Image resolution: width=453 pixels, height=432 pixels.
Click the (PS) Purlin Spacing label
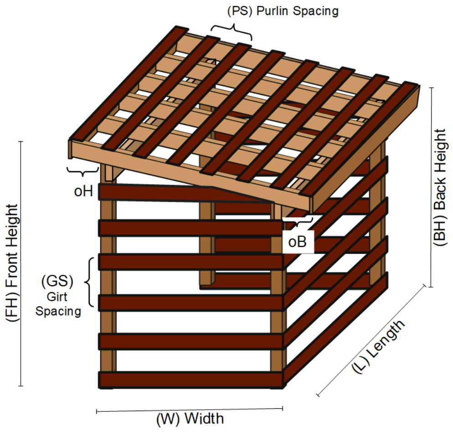(283, 11)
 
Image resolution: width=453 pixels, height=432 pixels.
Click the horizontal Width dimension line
(190, 410)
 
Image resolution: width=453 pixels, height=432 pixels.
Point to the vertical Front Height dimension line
(21, 264)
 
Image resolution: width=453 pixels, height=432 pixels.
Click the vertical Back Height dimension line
(430, 187)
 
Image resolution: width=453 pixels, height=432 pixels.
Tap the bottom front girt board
(191, 380)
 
